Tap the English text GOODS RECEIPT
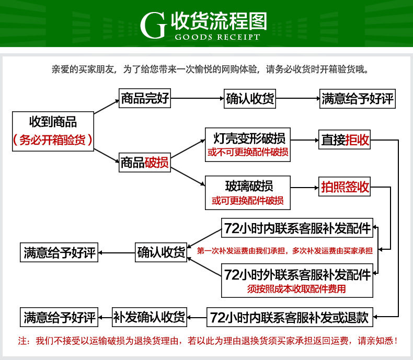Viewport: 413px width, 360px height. coord(214,37)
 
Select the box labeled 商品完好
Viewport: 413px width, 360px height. coord(145,98)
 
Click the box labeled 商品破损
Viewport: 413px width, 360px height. coord(145,163)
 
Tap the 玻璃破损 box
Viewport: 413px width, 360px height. coord(247,192)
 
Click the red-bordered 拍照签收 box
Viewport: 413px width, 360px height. coord(345,187)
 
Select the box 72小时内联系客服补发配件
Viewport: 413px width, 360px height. coord(297,228)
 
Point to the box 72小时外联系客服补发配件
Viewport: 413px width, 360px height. coord(297,279)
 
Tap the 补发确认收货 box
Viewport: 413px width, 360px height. coord(150,317)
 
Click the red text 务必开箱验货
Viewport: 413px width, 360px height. coord(53,140)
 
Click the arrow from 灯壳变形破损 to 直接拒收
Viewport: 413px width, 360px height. coord(304,140)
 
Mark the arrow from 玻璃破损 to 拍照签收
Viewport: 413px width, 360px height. coord(304,187)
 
